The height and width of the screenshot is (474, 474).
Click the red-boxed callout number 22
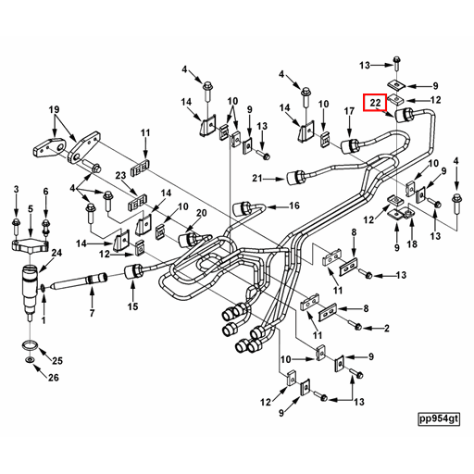point(375,103)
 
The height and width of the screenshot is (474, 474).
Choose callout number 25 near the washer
point(57,360)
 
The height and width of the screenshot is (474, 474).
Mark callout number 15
point(132,307)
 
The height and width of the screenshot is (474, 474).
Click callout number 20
point(201,213)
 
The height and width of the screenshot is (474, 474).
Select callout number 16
point(294,206)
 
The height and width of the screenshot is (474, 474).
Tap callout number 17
point(349,112)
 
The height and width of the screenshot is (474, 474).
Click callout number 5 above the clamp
point(31,210)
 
